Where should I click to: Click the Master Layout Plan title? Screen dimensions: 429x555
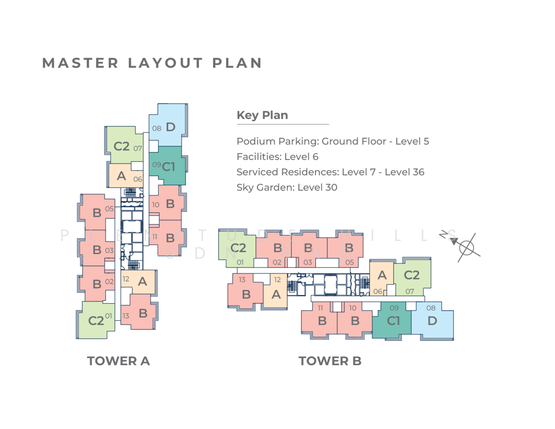[152, 63]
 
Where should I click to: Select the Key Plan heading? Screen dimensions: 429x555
[262, 115]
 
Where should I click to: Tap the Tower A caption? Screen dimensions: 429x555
[118, 361]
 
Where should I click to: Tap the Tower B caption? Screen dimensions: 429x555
[330, 361]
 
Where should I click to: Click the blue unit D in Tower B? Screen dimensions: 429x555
[432, 321]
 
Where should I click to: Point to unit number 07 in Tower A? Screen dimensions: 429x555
[138, 148]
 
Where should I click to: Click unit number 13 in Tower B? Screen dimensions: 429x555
[242, 280]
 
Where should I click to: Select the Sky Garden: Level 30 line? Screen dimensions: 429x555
[287, 187]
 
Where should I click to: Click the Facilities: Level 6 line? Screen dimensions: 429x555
[277, 157]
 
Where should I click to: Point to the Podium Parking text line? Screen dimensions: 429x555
[333, 141]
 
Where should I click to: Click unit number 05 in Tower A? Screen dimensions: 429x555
[109, 209]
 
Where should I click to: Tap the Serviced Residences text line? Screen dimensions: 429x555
[330, 172]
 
